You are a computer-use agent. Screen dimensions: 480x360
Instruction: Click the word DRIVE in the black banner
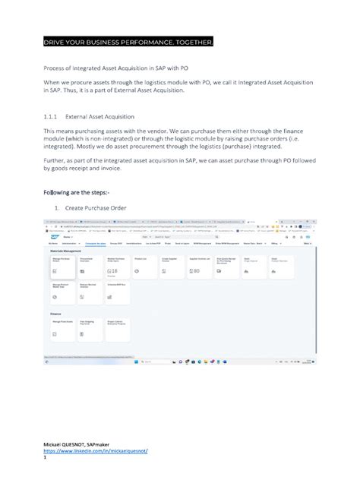[x=54, y=39]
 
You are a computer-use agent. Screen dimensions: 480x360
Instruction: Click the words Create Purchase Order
[x=95, y=207]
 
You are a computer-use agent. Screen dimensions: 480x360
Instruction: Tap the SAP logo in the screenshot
[x=54, y=236]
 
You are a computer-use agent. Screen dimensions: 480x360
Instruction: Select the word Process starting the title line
[x=55, y=66]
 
